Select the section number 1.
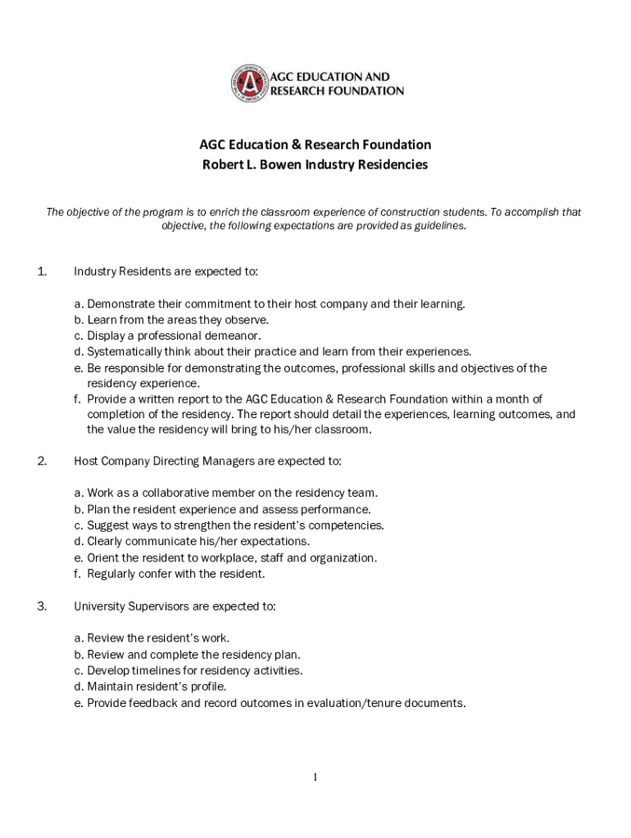click(42, 272)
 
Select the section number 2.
click(42, 462)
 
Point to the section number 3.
click(42, 606)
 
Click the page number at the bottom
click(315, 777)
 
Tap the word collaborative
click(179, 493)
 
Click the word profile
click(207, 687)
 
